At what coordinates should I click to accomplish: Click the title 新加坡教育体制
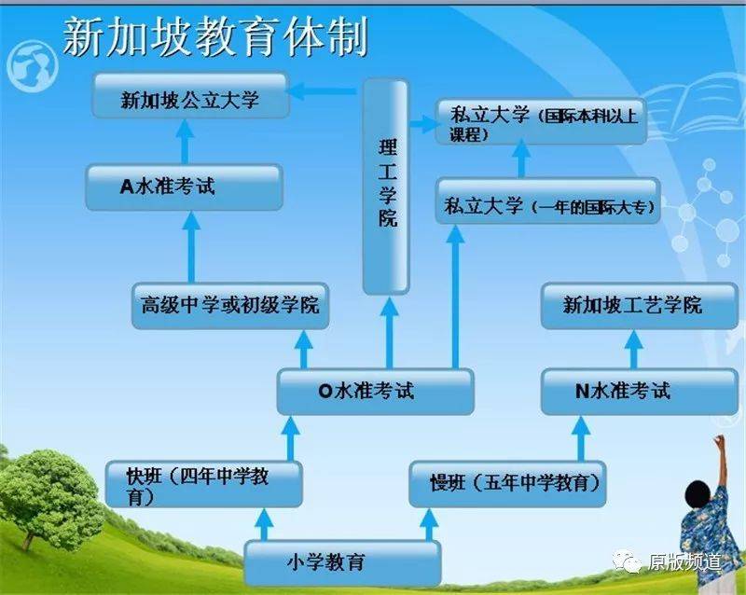pyautogui.click(x=215, y=37)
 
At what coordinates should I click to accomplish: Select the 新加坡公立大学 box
pyautogui.click(x=189, y=98)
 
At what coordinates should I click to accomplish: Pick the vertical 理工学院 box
pyautogui.click(x=386, y=187)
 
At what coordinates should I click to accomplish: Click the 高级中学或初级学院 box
pyautogui.click(x=230, y=305)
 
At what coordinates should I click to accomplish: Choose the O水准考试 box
pyautogui.click(x=374, y=392)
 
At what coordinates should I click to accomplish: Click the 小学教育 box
pyautogui.click(x=341, y=562)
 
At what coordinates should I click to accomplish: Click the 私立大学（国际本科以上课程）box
pyautogui.click(x=542, y=122)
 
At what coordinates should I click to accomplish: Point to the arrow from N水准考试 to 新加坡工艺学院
pyautogui.click(x=634, y=348)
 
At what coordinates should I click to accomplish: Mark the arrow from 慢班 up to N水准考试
pyautogui.click(x=581, y=437)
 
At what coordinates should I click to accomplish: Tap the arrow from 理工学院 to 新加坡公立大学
pyautogui.click(x=323, y=91)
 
